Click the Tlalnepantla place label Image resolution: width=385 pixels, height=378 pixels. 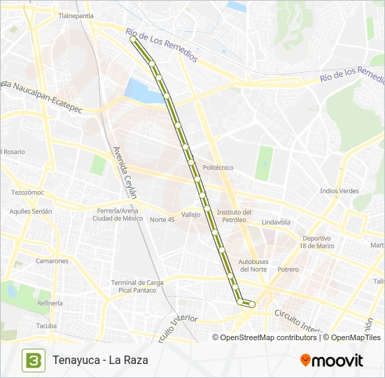(76, 15)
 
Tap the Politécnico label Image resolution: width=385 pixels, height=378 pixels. (218, 168)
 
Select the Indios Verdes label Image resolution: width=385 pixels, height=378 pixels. (339, 190)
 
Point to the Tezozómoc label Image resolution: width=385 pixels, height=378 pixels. (27, 192)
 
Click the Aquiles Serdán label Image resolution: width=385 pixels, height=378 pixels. (31, 211)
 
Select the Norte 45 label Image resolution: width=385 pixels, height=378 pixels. (162, 219)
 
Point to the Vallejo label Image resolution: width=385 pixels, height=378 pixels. (190, 215)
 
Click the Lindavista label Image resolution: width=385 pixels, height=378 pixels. (276, 222)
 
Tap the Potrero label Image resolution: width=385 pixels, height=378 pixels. (288, 269)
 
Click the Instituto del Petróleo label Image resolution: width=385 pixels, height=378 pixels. (234, 216)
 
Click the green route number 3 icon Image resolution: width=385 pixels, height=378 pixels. (31, 360)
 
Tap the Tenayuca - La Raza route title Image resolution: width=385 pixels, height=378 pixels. (100, 360)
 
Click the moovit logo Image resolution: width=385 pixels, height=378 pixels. (332, 360)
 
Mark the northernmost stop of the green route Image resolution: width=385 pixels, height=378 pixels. (133, 40)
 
